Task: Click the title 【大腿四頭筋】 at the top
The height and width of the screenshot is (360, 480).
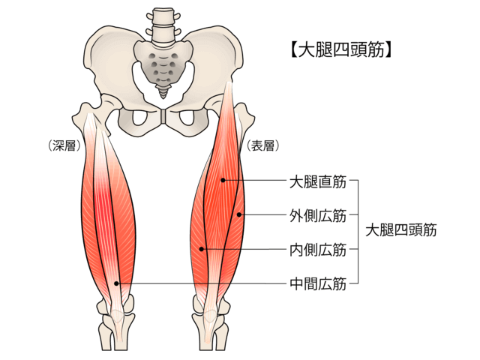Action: [340, 49]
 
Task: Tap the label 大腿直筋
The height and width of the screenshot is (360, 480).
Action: [318, 181]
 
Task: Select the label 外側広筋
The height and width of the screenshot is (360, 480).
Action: [318, 216]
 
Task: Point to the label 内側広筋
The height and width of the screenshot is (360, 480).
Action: [318, 250]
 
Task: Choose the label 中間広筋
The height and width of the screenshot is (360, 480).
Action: [318, 283]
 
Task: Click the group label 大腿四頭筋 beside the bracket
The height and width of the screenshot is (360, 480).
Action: [401, 230]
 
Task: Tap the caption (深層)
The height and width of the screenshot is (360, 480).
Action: [64, 145]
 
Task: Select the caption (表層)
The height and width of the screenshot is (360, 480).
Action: [263, 145]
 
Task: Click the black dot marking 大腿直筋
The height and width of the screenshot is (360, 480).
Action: [223, 180]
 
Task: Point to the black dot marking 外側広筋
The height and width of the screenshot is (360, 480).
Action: [239, 215]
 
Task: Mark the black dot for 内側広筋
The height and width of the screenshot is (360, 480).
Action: [201, 249]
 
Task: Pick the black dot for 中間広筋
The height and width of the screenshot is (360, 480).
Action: [116, 283]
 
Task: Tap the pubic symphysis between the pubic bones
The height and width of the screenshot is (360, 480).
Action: [163, 116]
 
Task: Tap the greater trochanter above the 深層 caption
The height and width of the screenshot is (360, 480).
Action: [82, 114]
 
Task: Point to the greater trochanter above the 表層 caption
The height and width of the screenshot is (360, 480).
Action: [245, 115]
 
